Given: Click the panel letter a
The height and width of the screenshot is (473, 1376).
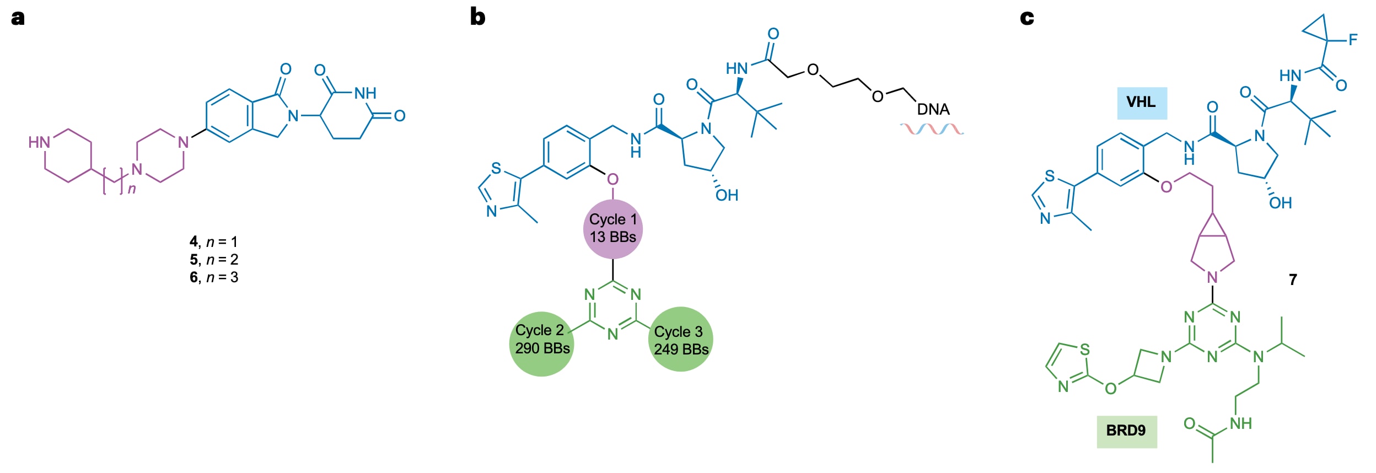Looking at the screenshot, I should pos(18,18).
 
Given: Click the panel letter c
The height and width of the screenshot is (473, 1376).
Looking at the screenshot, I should pos(1026,18).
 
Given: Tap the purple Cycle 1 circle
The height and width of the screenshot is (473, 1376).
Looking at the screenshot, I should pos(612,229).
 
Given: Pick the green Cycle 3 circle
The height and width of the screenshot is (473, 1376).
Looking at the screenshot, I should pos(681,340).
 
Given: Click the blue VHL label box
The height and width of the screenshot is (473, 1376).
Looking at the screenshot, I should pos(1142,103).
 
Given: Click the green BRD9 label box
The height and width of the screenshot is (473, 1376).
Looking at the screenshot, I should pos(1126,431).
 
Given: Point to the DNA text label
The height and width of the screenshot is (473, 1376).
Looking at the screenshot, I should pos(933,110).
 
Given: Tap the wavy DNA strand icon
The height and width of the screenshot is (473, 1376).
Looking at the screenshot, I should pos(932,129).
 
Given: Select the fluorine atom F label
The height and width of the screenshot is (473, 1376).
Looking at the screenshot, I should pos(1352,40).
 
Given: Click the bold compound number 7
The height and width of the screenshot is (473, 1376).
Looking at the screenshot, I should pos(1293,279).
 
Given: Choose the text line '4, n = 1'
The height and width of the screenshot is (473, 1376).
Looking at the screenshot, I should pos(213,241).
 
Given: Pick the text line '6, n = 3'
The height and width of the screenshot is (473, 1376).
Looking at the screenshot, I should pos(213,277).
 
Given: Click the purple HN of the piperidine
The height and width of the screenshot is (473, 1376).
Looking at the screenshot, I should pos(39,142).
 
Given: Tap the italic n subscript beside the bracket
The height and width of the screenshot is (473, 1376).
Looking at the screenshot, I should pos(132,189).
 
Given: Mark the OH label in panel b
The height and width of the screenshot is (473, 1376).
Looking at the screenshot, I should pos(727,195).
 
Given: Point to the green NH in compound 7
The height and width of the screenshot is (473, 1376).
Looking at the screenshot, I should pos(1241,423).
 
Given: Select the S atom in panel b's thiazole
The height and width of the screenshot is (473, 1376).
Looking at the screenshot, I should pos(496,168).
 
